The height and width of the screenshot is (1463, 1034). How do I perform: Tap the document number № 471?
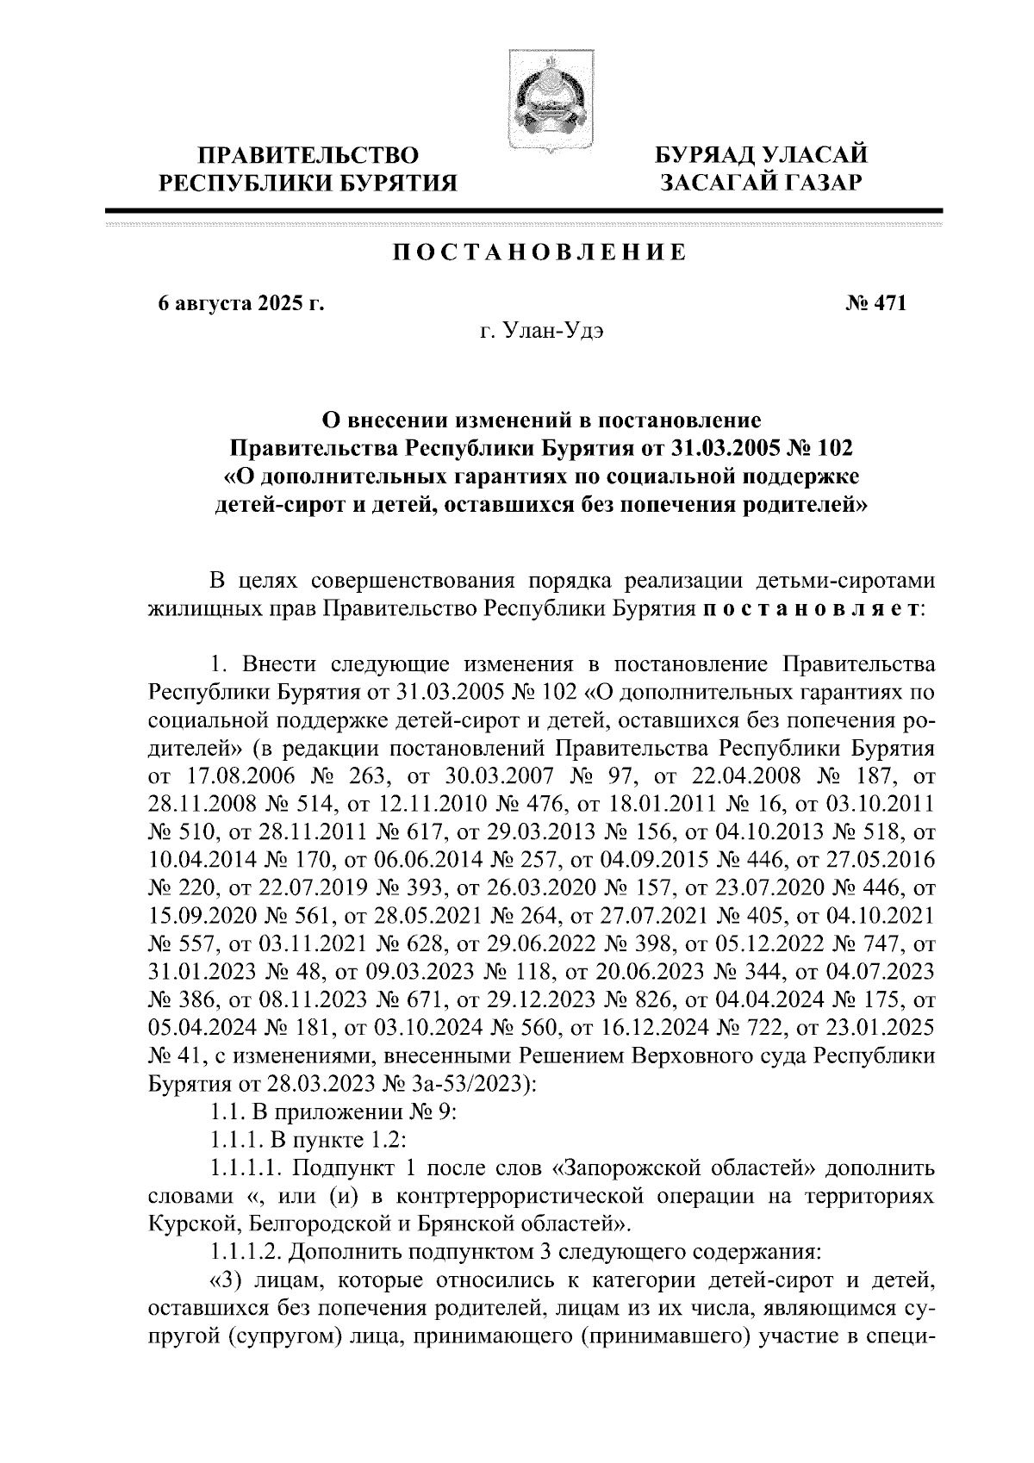(x=866, y=303)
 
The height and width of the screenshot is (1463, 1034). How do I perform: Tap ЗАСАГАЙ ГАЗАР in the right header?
(x=759, y=182)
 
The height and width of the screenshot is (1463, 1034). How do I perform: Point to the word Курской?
(x=190, y=1223)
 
